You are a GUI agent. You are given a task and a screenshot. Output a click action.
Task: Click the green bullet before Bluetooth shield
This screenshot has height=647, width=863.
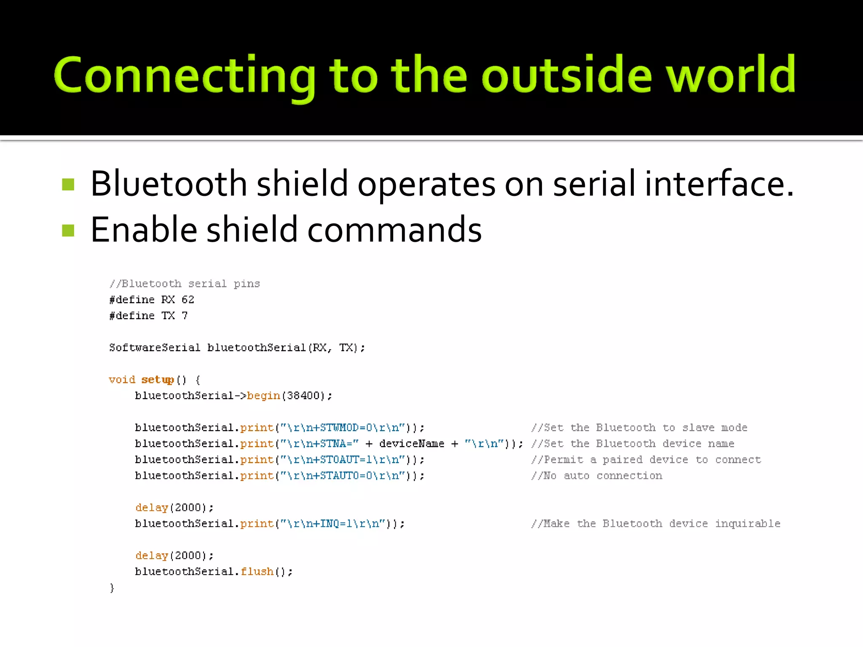pos(68,184)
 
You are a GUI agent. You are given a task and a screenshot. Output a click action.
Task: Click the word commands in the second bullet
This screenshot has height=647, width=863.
pos(394,230)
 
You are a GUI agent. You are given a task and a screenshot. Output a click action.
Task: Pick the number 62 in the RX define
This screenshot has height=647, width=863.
pos(188,299)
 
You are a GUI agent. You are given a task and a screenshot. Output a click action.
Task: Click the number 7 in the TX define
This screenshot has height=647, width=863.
pos(185,315)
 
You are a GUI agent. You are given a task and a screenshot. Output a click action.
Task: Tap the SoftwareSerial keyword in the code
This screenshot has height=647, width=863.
pos(154,348)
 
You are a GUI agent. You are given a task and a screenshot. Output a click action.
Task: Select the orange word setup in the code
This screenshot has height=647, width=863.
pos(157,380)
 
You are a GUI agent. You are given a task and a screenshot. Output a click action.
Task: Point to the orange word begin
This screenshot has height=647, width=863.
pos(263,396)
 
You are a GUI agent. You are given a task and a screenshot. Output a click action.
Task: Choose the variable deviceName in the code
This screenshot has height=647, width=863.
pos(411,444)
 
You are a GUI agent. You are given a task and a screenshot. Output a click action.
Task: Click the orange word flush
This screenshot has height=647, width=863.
pos(257,572)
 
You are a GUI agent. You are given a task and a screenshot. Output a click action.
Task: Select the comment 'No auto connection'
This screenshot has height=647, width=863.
pos(597,476)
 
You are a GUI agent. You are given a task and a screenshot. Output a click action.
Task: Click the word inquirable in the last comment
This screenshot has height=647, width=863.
pos(748,524)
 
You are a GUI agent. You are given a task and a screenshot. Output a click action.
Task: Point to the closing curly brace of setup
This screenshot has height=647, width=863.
pos(112,588)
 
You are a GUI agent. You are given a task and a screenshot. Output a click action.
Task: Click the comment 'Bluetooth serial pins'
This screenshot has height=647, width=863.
pos(185,283)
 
